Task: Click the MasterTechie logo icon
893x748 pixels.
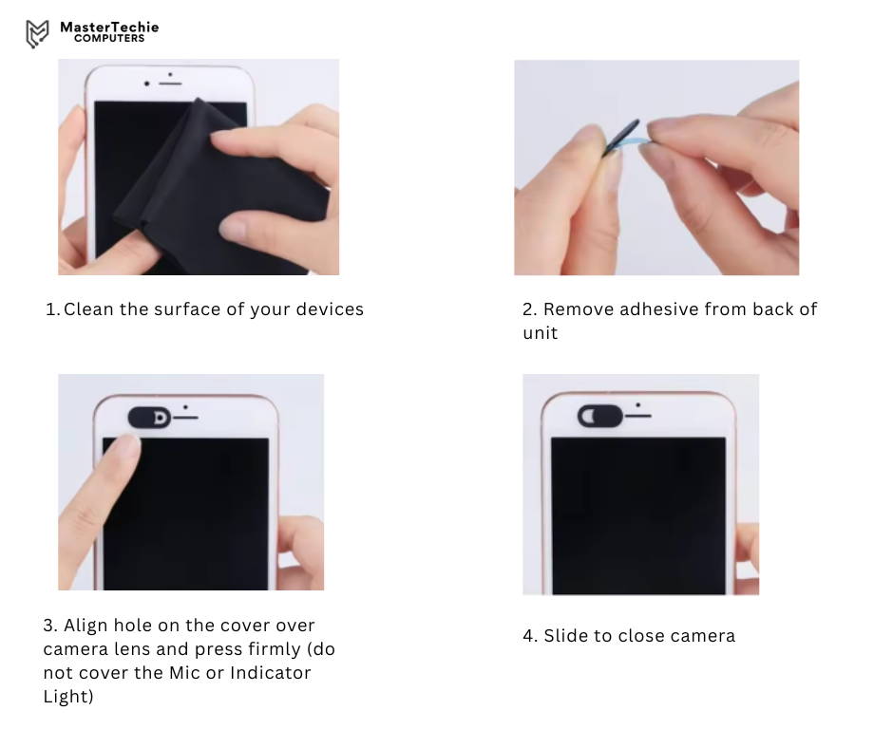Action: (37, 33)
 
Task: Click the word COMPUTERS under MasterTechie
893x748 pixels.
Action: (109, 39)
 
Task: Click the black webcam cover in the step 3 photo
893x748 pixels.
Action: (149, 418)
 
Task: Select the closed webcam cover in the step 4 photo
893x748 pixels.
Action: (600, 416)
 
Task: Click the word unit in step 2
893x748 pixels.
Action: (540, 333)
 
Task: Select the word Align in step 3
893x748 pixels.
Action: (85, 626)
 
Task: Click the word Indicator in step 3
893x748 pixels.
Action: (270, 673)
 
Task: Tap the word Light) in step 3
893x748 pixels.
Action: (68, 697)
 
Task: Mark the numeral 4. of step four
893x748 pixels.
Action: (530, 636)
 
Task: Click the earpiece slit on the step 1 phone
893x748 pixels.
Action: (170, 84)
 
